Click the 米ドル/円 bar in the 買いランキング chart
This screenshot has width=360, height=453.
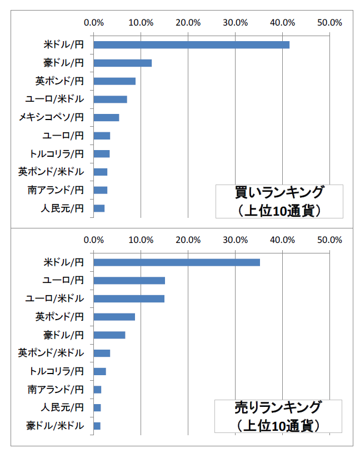pos(192,44)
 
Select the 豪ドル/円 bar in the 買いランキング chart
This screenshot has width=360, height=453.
pos(123,63)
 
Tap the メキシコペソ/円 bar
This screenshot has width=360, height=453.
pos(106,117)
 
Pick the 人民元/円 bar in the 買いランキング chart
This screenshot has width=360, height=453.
pos(99,208)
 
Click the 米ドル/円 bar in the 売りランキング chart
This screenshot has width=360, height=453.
pos(177,262)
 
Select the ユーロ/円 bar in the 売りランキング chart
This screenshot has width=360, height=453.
pos(129,280)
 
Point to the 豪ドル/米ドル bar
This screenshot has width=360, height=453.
pos(97,426)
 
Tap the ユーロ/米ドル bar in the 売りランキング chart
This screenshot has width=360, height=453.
pos(129,298)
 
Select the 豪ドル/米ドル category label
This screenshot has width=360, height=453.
pos(56,426)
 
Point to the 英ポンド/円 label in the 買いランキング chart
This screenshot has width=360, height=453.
pos(59,81)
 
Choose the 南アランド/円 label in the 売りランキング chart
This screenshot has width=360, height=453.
pos(56,389)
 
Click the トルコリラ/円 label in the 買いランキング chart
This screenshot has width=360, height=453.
pos(57,154)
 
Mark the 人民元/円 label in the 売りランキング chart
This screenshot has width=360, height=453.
pos(63,407)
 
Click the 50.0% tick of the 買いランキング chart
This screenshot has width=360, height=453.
pos(329,23)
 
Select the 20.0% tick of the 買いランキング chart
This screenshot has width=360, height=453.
pos(188,23)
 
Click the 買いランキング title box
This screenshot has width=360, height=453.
pos(279,201)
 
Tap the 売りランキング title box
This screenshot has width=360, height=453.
pos(279,416)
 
